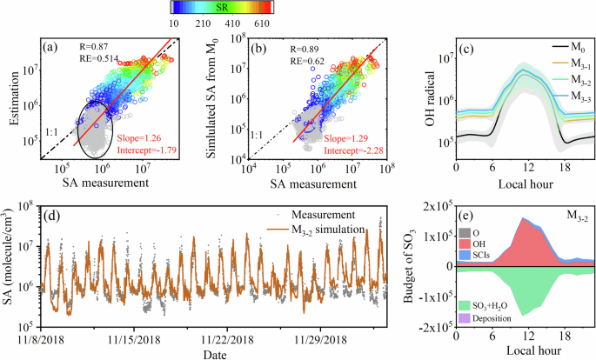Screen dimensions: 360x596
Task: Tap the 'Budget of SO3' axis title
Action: click(x=415, y=267)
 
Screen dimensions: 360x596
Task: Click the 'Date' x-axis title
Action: click(x=212, y=351)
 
